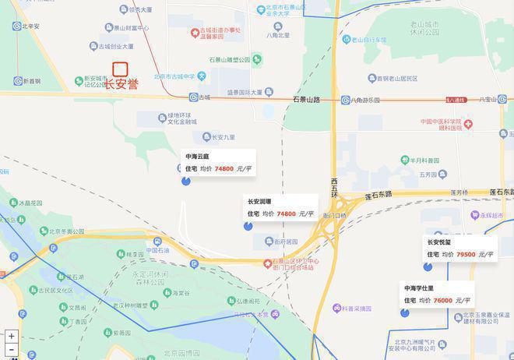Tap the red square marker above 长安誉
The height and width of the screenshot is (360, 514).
tap(120, 69)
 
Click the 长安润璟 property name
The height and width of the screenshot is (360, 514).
tap(261, 201)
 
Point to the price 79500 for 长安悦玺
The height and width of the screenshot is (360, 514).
tap(466, 254)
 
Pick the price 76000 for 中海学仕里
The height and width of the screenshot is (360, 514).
tap(442, 300)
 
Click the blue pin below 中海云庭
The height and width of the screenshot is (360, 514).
tap(186, 181)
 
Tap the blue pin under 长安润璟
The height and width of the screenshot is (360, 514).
tap(248, 226)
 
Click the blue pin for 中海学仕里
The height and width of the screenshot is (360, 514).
tap(405, 312)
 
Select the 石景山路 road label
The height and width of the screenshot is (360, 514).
tap(307, 100)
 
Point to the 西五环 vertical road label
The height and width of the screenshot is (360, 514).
tap(334, 187)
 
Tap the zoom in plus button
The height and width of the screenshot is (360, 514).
tap(11, 337)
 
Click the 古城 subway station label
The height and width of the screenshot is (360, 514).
tap(204, 97)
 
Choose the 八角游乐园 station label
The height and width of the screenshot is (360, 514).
tap(364, 100)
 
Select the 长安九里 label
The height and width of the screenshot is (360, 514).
tap(223, 137)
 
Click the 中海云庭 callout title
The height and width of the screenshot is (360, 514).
tap(197, 156)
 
